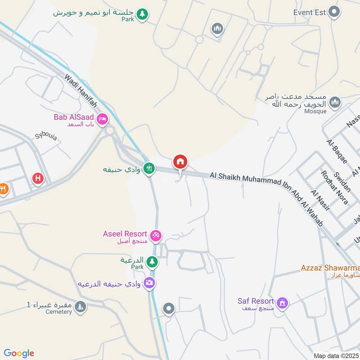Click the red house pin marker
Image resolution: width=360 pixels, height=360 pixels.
click(180, 162)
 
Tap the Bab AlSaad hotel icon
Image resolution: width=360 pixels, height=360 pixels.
click(102, 119)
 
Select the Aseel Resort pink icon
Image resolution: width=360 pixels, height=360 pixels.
click(156, 235)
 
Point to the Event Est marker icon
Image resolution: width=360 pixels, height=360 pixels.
click(333, 12)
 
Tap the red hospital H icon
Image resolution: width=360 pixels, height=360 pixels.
click(38, 179)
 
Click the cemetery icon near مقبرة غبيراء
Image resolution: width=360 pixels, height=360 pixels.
click(80, 306)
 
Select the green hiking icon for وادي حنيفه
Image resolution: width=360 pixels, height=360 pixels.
click(148, 169)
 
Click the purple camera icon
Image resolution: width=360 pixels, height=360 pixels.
click(149, 283)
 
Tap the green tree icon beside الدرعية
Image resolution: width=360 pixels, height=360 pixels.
click(152, 261)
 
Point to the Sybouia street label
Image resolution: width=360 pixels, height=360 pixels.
click(46, 136)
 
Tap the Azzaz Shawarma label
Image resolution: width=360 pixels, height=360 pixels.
click(330, 268)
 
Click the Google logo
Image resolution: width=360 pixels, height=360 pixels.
click(19, 353)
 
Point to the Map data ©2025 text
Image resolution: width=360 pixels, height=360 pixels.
click(336, 355)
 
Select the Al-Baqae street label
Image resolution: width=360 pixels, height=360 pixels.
click(334, 151)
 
